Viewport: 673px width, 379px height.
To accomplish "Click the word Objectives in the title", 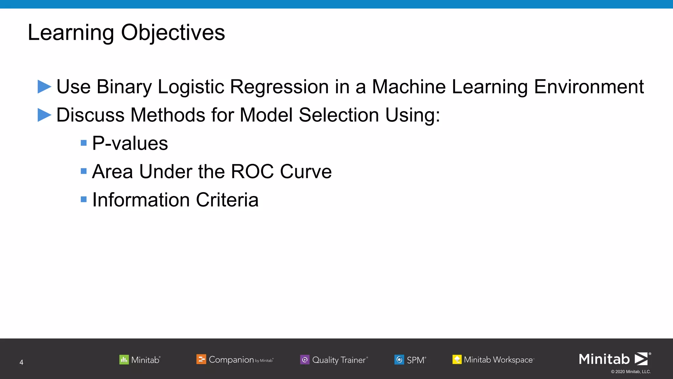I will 173,33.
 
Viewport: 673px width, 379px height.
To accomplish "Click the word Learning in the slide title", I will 71,33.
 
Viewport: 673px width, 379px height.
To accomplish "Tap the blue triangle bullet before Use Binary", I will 44,87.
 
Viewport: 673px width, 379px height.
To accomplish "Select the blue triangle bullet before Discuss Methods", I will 44,115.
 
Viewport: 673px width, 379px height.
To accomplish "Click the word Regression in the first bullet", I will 279,87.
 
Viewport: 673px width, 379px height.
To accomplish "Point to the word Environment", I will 589,87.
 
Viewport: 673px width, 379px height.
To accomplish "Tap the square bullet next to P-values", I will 84,143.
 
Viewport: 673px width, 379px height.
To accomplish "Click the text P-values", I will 130,143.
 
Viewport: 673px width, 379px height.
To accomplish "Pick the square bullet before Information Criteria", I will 84,199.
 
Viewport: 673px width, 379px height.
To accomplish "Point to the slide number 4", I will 21,362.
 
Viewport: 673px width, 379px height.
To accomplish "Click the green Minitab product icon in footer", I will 124,360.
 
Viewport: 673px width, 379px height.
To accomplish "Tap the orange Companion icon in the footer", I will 201,359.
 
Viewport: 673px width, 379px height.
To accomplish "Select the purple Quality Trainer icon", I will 305,360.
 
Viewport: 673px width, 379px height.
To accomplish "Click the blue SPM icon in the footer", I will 399,360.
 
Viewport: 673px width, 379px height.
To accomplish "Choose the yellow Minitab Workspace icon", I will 457,360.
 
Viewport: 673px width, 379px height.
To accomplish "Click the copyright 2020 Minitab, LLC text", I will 631,372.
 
